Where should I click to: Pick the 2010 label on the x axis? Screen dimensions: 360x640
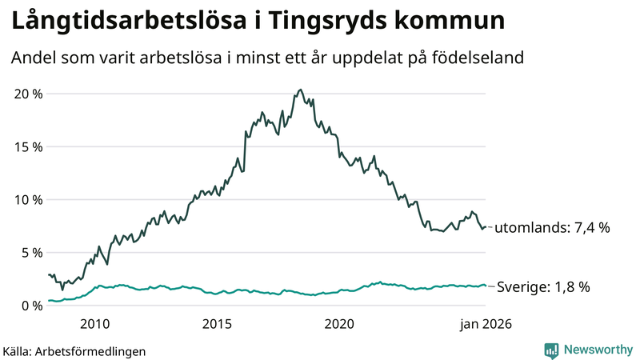[94, 324]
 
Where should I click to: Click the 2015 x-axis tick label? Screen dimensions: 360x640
[217, 324]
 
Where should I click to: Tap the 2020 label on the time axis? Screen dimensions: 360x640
[339, 324]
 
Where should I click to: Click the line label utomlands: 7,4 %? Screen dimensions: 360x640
[552, 228]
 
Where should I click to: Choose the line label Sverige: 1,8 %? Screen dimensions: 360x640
[543, 286]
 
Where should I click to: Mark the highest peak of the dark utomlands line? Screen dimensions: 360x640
[300, 90]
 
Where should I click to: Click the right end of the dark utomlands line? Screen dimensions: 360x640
[486, 227]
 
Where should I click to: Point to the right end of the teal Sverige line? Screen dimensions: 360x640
[486, 286]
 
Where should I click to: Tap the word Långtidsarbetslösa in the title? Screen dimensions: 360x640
[115, 22]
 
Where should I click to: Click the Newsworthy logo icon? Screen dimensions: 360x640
[551, 350]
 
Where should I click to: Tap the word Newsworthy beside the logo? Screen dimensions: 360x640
[597, 350]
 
